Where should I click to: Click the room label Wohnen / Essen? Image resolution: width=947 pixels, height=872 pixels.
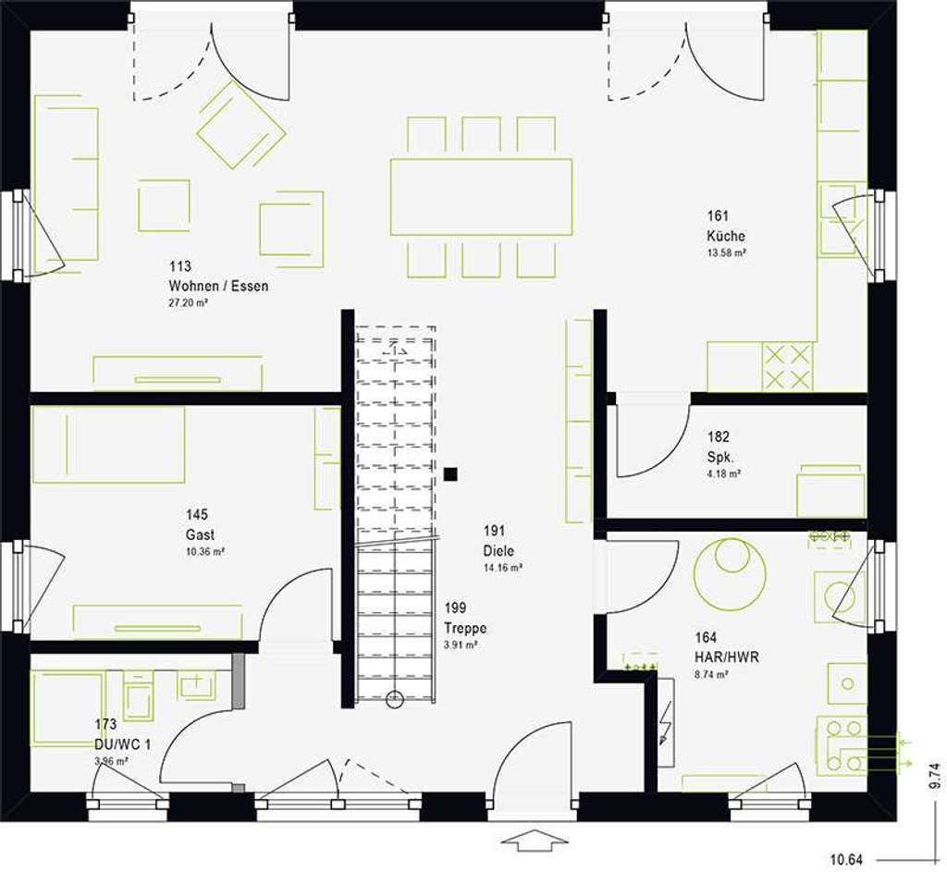[x=218, y=286]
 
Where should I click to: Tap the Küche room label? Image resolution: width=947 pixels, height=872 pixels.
[x=725, y=236]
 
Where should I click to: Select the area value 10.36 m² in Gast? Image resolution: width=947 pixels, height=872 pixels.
[x=205, y=551]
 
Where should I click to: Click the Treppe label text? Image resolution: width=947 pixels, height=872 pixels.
[x=464, y=628]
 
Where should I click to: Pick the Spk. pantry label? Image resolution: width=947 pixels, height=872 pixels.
[x=719, y=457]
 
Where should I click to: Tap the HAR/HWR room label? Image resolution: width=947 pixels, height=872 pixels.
[x=726, y=657]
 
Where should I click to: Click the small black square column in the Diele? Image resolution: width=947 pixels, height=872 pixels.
[x=450, y=474]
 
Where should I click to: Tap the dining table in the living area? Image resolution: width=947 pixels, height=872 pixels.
[x=480, y=197]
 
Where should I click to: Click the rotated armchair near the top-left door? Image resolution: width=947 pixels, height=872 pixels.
[x=240, y=124]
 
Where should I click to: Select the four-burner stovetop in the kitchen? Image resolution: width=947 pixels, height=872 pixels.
[x=786, y=366]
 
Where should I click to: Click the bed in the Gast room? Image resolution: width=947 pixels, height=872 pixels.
[x=108, y=445]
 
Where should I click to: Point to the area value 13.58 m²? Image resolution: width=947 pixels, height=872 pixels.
[x=727, y=252]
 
